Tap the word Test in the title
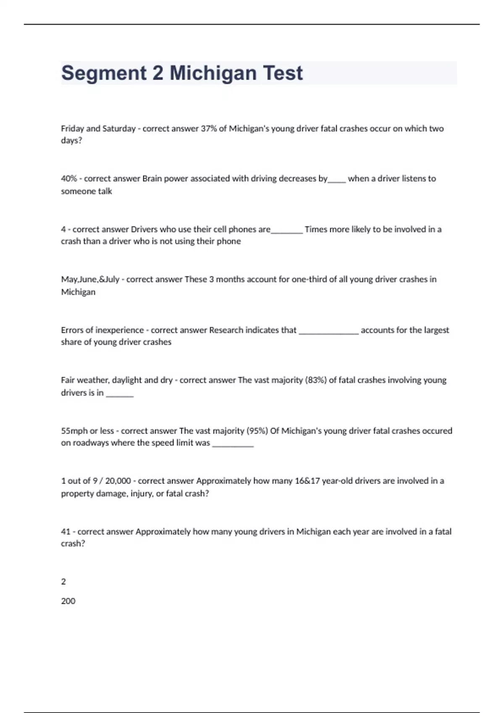tap(283, 73)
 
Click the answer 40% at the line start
tap(69, 179)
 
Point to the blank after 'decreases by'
tap(337, 180)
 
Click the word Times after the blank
tap(317, 229)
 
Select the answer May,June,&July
tap(90, 279)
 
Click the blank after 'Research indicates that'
tap(328, 332)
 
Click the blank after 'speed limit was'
tap(233, 445)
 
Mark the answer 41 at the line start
tap(66, 532)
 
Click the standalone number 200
tap(68, 601)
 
